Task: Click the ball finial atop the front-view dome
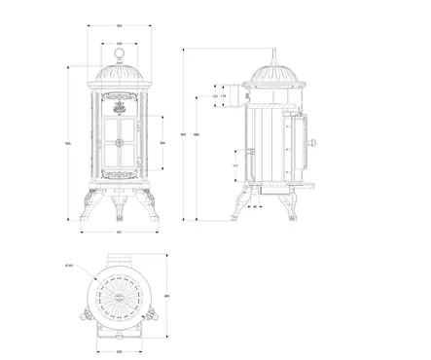tap(119, 54)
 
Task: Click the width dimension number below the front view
tap(119, 233)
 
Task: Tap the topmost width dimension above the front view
tap(119, 27)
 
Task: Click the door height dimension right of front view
tap(162, 143)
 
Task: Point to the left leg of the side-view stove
tap(239, 207)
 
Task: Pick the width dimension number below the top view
tap(119, 351)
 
